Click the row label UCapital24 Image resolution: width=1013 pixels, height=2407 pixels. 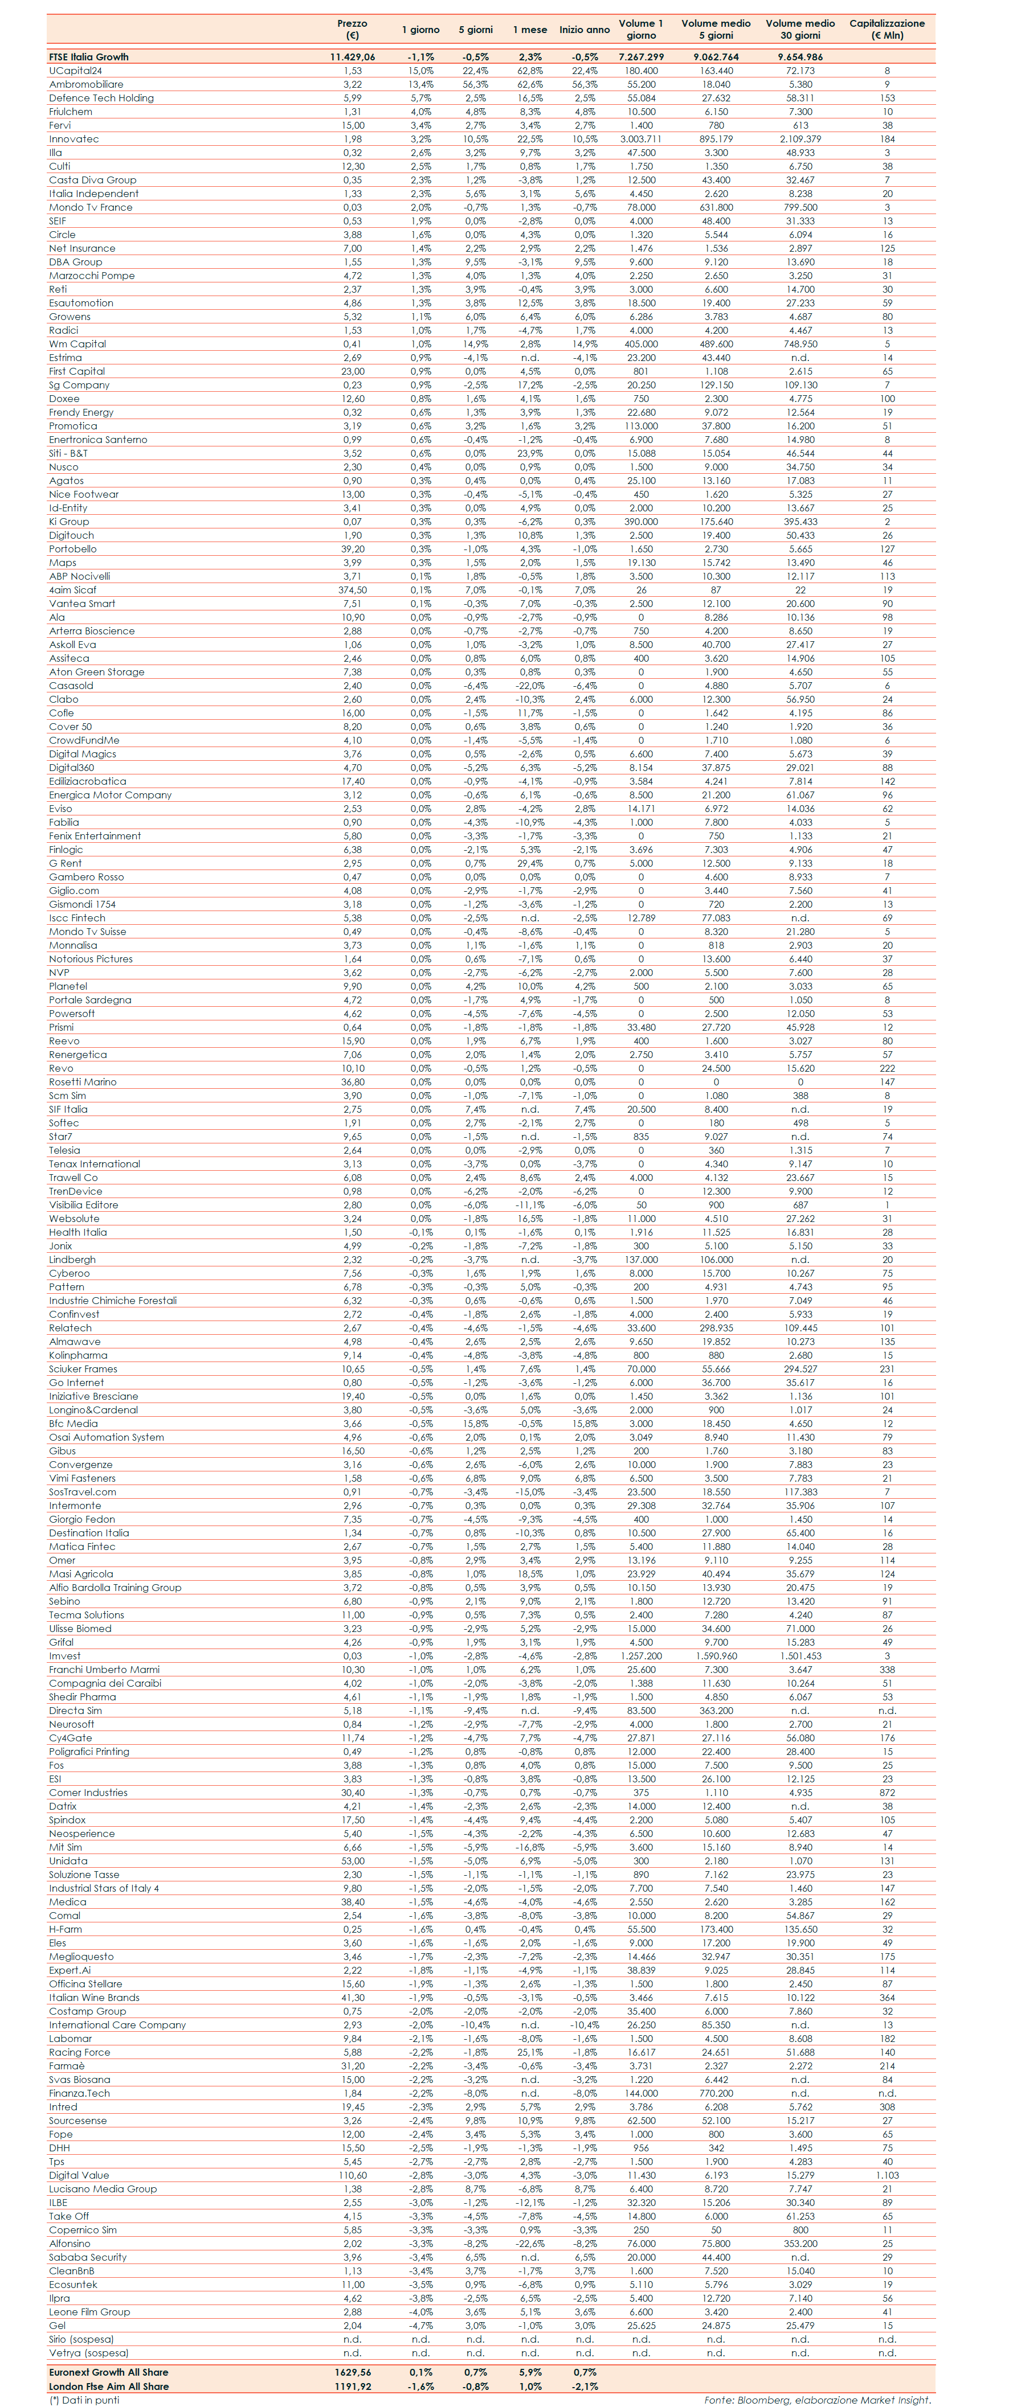pos(76,70)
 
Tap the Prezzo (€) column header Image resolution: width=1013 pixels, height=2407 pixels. pos(352,29)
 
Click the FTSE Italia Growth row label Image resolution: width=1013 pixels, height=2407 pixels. pos(89,57)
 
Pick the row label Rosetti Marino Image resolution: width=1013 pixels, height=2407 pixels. pos(83,1082)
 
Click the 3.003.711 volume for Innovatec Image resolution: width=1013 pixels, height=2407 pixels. pos(641,138)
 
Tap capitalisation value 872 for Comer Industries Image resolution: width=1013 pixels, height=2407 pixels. pos(887,1792)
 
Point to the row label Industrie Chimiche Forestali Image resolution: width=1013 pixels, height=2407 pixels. pos(113,1301)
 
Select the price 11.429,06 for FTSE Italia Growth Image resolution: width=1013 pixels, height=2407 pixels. pos(352,57)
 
